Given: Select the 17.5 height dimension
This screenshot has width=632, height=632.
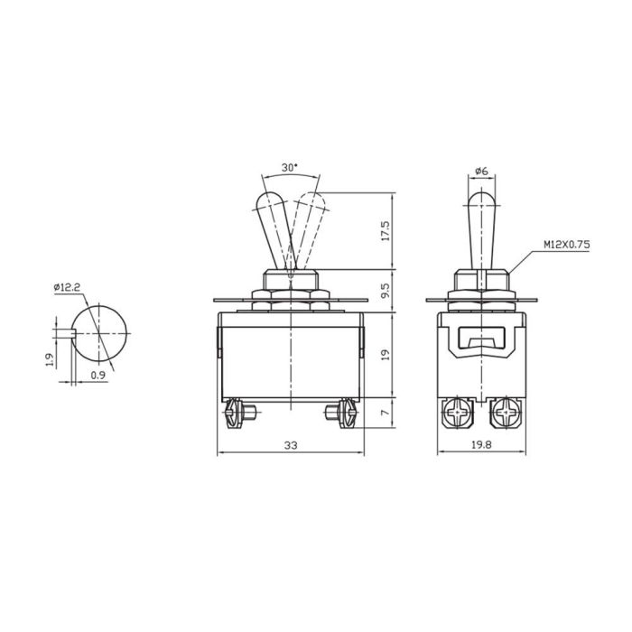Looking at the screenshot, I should pos(386,231).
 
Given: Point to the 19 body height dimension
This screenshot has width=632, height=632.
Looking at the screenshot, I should pos(386,354).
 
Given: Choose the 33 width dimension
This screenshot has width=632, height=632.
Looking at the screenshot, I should pos(291,445).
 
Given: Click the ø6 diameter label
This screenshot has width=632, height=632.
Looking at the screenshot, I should pos(482,171).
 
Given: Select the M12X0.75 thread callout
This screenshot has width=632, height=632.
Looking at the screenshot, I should pos(566,245).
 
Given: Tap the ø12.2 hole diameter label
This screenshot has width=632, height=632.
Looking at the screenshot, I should pos(68,287).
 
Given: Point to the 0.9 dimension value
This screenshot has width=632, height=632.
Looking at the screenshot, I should pos(96,373).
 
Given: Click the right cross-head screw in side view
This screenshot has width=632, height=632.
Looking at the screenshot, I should pos(505,414).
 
